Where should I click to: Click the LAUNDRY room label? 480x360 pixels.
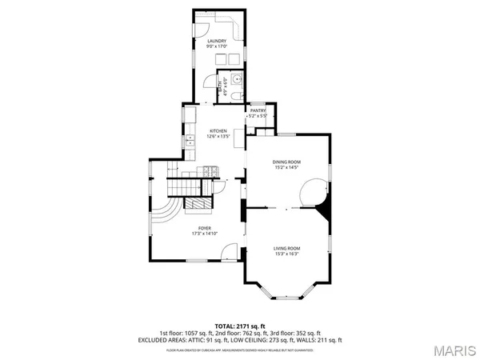point(217,41)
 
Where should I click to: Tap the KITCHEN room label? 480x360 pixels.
point(218,130)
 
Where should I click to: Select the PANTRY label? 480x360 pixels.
point(258,110)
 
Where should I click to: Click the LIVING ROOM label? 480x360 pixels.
point(286,248)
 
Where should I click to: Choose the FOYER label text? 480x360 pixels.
point(205,228)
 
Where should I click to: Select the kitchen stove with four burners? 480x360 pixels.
point(210,170)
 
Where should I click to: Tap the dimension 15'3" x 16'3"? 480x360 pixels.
point(286,254)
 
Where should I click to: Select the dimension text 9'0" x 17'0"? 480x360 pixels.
point(217,47)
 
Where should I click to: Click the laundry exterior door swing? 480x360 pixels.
point(210,81)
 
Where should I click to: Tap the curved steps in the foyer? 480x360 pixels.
point(165,216)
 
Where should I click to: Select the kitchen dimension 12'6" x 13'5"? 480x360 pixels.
point(218,137)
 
